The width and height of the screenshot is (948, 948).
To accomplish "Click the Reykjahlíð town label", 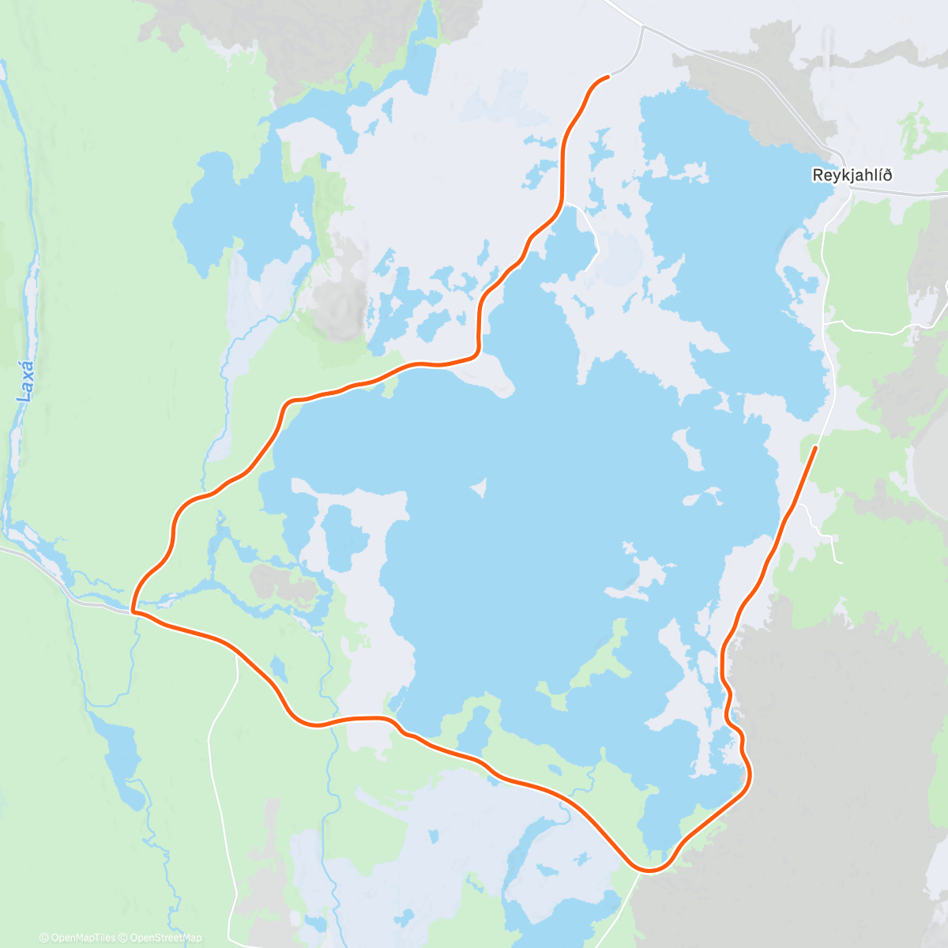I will (x=852, y=175).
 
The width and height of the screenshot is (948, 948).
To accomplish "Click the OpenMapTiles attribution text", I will (x=77, y=938).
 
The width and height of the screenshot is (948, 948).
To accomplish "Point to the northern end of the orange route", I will (x=608, y=77).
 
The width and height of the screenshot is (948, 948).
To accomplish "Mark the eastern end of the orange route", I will (x=815, y=448).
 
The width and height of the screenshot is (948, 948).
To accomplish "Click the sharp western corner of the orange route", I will (x=133, y=611).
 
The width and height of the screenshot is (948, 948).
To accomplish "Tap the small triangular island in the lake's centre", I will (x=478, y=490).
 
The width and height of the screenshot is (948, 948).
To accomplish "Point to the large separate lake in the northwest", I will (x=229, y=213).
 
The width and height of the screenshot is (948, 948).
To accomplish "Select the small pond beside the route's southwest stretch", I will (x=278, y=668).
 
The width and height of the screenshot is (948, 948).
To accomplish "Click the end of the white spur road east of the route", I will (x=841, y=562).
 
